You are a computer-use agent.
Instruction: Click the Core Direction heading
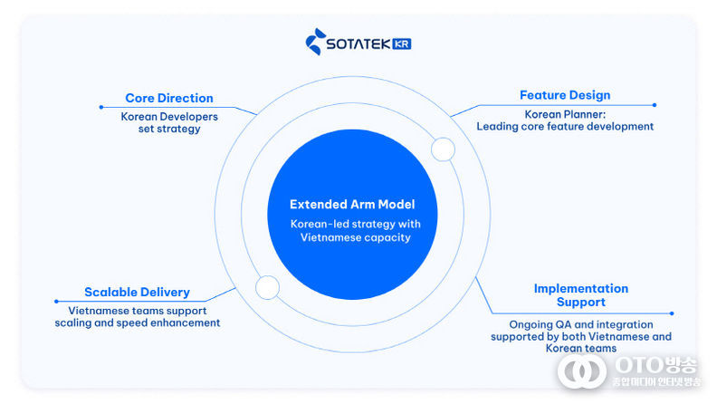[168, 98]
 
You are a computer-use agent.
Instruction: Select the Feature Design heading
[564, 95]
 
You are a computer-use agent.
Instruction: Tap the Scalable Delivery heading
[137, 292]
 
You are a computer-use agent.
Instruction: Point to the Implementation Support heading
[580, 294]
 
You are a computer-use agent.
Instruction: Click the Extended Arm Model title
[352, 205]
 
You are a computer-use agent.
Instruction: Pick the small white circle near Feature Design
[443, 149]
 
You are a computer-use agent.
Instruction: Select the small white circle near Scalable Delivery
[267, 288]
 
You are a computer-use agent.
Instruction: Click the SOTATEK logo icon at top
[314, 42]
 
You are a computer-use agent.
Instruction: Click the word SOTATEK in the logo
[358, 43]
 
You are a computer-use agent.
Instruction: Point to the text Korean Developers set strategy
[163, 122]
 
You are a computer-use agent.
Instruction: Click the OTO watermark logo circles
[581, 370]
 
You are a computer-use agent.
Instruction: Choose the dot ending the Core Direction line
[100, 107]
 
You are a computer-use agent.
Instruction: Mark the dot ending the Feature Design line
[655, 105]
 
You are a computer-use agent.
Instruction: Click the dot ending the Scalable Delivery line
[56, 302]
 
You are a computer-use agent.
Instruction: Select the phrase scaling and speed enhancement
[137, 322]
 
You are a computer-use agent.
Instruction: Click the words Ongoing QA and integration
[580, 324]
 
